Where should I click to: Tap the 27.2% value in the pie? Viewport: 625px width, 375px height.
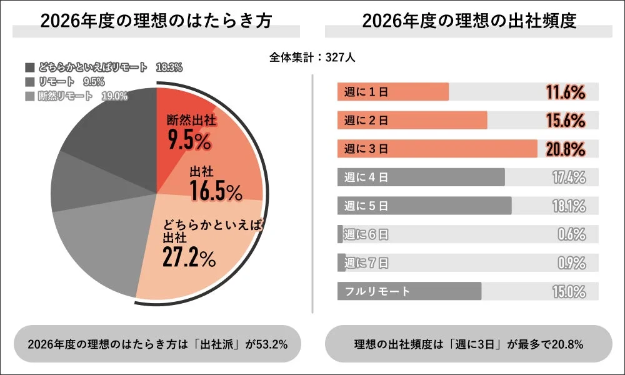pos(189,257)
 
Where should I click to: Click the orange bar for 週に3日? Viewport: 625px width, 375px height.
pos(437,149)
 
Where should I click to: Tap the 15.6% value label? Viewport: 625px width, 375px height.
pos(566,121)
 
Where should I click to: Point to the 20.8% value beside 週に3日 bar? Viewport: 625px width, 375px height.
pos(566,149)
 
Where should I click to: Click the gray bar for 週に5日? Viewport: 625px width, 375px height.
pos(425,206)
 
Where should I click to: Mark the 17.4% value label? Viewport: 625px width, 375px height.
pos(569,177)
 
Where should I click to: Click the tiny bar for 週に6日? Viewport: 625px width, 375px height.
pos(340,234)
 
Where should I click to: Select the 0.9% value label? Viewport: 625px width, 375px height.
pos(571,262)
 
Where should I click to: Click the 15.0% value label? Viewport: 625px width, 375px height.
pos(569,291)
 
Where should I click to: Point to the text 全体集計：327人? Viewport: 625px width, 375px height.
pos(312,57)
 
